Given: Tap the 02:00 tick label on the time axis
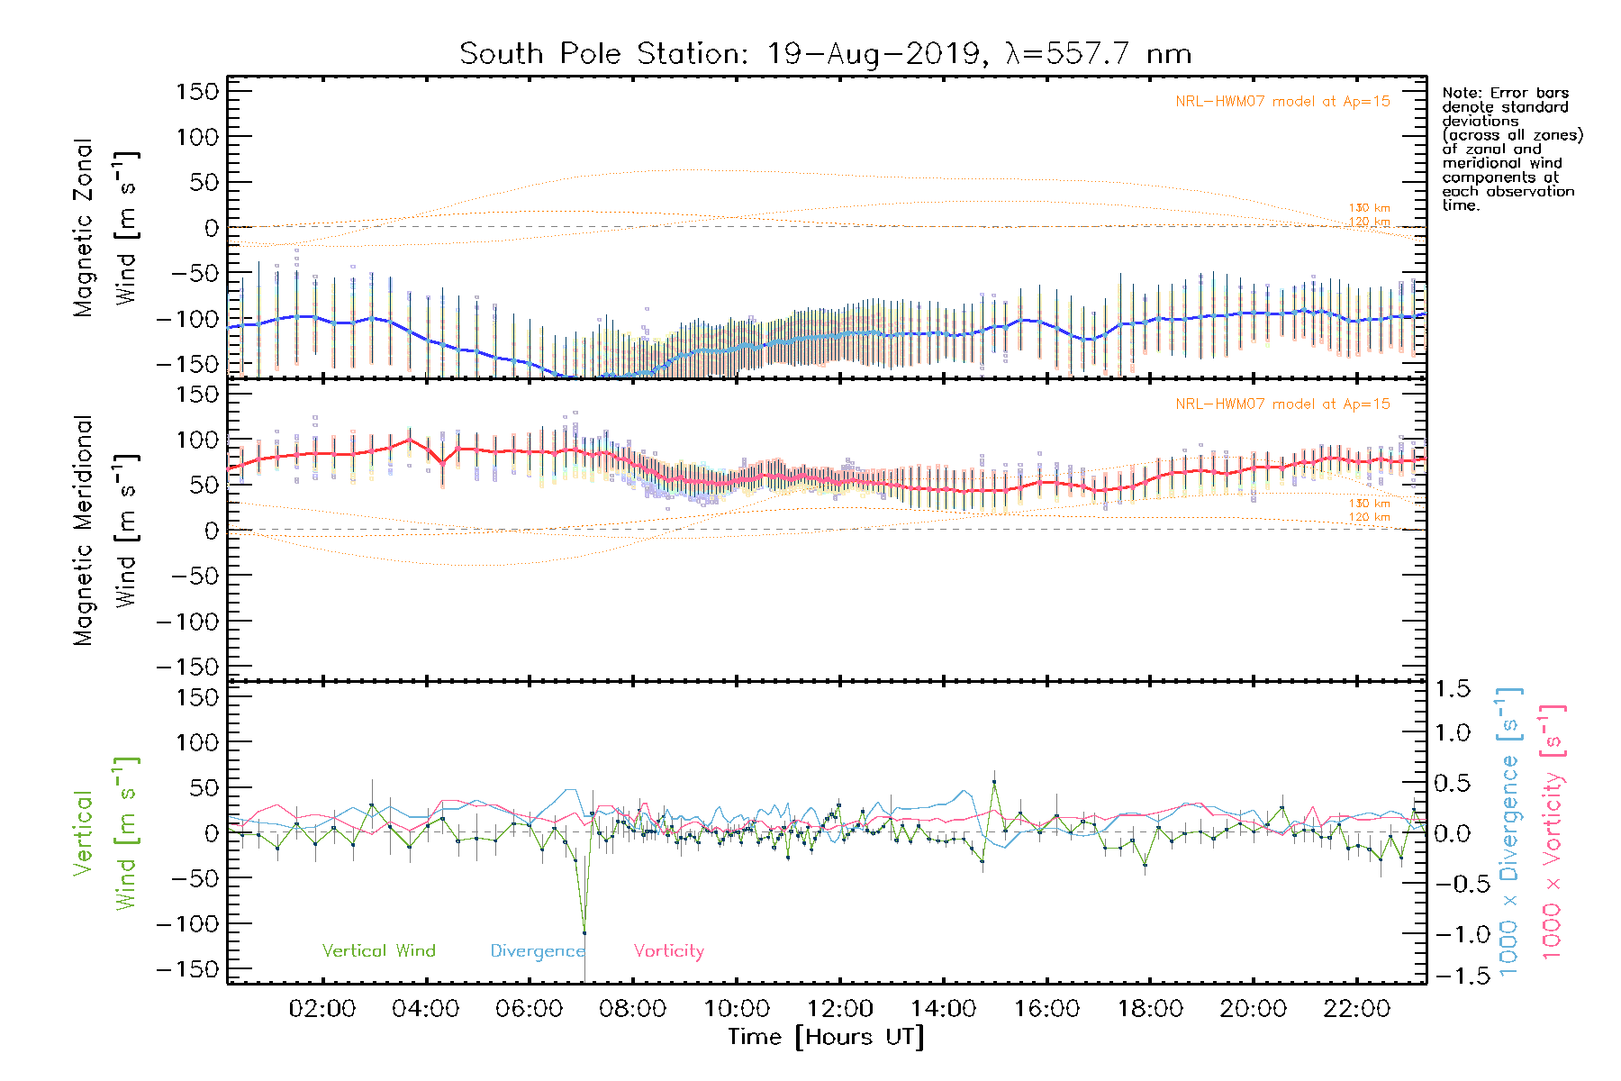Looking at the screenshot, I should click(322, 1009).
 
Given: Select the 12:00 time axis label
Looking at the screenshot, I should click(840, 1009).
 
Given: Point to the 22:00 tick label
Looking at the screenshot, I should click(1357, 1009).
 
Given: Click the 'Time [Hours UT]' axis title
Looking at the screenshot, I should click(826, 1037).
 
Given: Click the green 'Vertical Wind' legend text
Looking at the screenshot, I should click(378, 950).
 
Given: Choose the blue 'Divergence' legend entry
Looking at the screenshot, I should click(538, 950).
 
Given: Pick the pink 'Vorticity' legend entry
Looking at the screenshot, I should click(668, 950).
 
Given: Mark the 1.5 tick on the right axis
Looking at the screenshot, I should click(1453, 689).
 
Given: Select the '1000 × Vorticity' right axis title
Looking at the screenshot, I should click(1552, 831).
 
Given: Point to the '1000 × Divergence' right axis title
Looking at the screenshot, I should click(1509, 831).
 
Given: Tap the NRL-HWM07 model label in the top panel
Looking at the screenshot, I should click(1282, 102).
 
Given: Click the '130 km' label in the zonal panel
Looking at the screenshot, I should click(1369, 208).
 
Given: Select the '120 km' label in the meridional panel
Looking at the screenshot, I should click(1369, 517).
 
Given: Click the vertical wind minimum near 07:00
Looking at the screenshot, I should click(584, 932).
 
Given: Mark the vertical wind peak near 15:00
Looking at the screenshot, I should click(994, 782).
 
